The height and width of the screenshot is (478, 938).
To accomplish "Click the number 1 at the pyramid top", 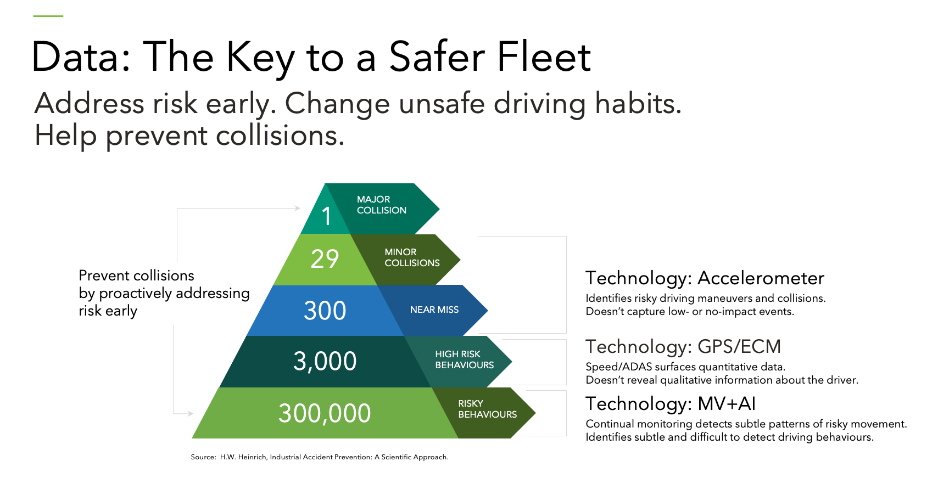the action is (326, 216).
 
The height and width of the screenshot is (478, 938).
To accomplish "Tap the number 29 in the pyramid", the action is (325, 258).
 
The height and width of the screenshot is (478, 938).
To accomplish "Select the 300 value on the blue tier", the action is (325, 311).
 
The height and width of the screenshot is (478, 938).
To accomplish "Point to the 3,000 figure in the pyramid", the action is (325, 361).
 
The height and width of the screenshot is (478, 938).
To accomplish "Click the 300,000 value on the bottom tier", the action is (325, 413).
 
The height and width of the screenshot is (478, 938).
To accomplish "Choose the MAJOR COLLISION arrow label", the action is (382, 205).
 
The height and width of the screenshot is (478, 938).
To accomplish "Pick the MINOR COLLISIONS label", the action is (412, 257).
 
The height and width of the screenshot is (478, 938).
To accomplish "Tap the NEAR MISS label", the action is (434, 310).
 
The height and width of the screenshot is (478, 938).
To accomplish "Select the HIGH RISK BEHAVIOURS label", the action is (465, 359).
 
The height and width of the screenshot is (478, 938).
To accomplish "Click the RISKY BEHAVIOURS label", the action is (488, 409).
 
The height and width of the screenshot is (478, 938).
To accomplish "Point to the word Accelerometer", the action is (761, 278).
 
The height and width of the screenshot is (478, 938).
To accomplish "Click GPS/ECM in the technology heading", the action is (739, 347).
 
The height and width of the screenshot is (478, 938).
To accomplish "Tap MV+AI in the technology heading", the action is (727, 404).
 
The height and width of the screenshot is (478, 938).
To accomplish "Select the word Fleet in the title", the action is (544, 57).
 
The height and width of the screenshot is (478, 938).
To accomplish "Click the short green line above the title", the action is (48, 16).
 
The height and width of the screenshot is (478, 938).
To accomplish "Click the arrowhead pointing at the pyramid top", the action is (298, 208).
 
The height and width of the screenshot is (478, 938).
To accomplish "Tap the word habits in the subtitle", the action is (638, 103).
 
